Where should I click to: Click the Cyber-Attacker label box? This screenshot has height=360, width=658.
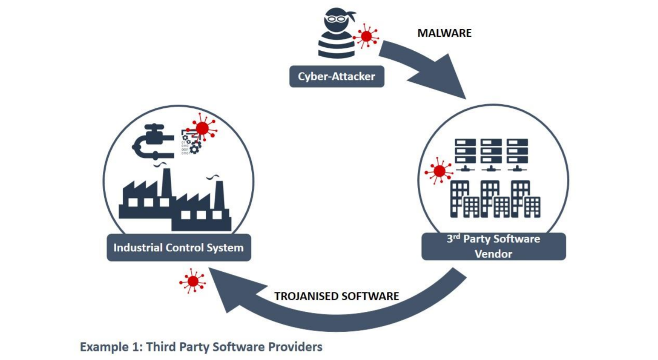point(337,76)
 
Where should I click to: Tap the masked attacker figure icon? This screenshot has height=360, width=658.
point(337,33)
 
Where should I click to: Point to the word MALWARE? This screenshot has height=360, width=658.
point(444,33)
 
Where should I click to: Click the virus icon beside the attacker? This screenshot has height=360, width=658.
point(366,36)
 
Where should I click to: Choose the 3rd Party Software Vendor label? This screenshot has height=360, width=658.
point(493,246)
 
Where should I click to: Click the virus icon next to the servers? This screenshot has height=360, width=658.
point(439,171)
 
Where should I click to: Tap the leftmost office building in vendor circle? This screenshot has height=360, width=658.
point(459,198)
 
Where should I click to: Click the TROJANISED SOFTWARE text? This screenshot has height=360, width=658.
point(337,296)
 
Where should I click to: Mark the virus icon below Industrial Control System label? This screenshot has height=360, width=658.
point(193,281)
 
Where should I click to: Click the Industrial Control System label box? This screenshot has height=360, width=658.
point(178,247)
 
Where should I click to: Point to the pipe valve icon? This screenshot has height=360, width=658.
point(152,141)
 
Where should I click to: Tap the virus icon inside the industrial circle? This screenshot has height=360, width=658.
point(203,128)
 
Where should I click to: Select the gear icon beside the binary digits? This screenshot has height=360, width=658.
point(195,148)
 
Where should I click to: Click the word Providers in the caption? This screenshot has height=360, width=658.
point(295,347)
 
